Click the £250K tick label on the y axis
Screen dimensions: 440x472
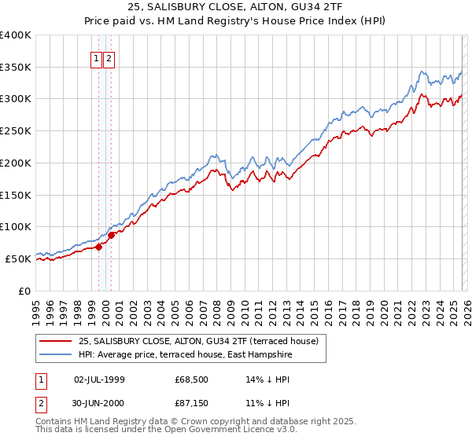(x=16, y=130)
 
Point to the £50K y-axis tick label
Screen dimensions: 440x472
(x=18, y=258)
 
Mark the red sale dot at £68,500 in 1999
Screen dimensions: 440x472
(x=98, y=247)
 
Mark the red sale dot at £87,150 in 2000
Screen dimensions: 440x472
(x=112, y=234)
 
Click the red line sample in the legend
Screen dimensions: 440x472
(x=56, y=341)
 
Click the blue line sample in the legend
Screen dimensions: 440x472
(x=56, y=355)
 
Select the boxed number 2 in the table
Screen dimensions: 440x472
(x=42, y=403)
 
